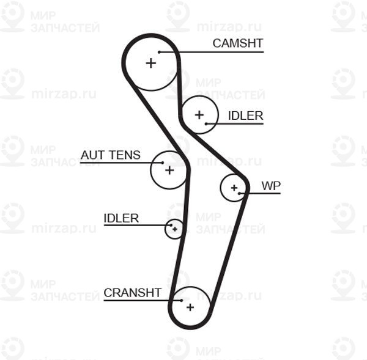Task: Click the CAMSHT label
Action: pyautogui.click(x=237, y=43)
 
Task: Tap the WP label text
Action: pyautogui.click(x=270, y=185)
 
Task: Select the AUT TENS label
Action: pyautogui.click(x=110, y=155)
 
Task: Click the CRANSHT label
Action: pyautogui.click(x=132, y=293)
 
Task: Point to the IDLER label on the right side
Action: pyautogui.click(x=245, y=116)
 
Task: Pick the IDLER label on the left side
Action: pyautogui.click(x=121, y=218)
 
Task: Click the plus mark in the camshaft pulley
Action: pyautogui.click(x=150, y=62)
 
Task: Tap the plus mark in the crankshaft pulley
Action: pyautogui.click(x=190, y=307)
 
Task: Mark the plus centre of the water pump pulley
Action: pyautogui.click(x=234, y=188)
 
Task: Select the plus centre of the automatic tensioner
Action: pyautogui.click(x=169, y=169)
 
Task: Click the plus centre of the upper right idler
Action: pyautogui.click(x=199, y=114)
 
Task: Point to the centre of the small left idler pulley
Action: pyautogui.click(x=175, y=229)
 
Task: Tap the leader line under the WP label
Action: pyautogui.click(x=263, y=194)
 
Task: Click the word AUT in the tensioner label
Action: pyautogui.click(x=92, y=155)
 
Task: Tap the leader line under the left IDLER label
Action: pyautogui.click(x=135, y=226)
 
